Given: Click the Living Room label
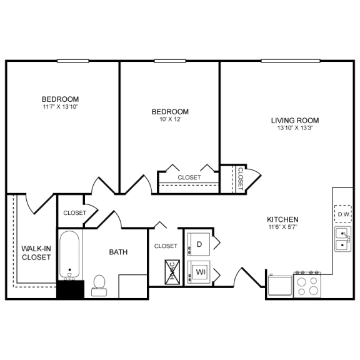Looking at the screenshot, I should click(295, 120).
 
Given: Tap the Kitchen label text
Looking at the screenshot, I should click(282, 219).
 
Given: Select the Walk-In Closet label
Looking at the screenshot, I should click(36, 252).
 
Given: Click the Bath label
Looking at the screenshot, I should click(118, 252).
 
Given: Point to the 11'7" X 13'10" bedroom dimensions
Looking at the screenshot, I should click(60, 107).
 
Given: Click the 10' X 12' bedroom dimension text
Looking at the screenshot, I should click(170, 119).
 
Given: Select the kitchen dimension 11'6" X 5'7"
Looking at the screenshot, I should click(282, 228).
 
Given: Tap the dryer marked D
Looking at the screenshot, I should click(199, 244).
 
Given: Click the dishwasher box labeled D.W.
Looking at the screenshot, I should click(343, 215).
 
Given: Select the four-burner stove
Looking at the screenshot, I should click(307, 285).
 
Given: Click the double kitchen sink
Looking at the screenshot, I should click(342, 239).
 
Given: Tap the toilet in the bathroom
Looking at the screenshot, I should click(98, 285).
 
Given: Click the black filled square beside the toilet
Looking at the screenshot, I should click(70, 289).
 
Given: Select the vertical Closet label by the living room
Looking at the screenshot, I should click(241, 179).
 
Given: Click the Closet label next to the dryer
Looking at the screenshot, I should click(166, 246).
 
